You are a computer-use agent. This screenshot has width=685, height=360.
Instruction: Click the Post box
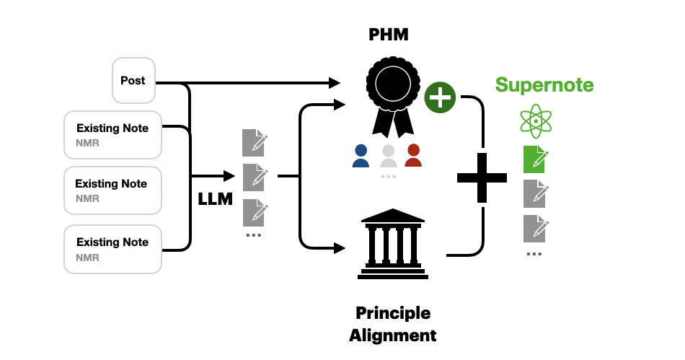(133, 80)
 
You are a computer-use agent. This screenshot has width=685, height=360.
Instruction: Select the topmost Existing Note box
(112, 134)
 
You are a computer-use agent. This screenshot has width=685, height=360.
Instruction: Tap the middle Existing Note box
(112, 190)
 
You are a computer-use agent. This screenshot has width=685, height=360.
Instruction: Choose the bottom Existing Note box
(112, 248)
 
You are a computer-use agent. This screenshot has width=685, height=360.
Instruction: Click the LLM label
(216, 199)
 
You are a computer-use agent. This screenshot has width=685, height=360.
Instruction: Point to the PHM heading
(388, 34)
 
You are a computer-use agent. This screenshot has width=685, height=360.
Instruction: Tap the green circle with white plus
(440, 97)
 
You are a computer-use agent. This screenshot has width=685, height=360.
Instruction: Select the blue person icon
(361, 156)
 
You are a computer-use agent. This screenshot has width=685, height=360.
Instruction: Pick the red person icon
(413, 156)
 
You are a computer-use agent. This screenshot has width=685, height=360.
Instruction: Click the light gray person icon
(388, 156)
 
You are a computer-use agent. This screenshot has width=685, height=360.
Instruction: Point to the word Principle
(392, 313)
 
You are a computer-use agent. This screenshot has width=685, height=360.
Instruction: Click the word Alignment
(392, 335)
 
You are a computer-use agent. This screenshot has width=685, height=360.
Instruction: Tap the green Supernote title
(544, 85)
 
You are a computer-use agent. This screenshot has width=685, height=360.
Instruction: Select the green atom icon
(535, 120)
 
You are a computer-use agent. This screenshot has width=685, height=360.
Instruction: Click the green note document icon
(535, 159)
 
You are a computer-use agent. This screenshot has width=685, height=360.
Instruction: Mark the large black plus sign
(482, 177)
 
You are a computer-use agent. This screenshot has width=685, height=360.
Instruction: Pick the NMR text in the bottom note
(87, 258)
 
